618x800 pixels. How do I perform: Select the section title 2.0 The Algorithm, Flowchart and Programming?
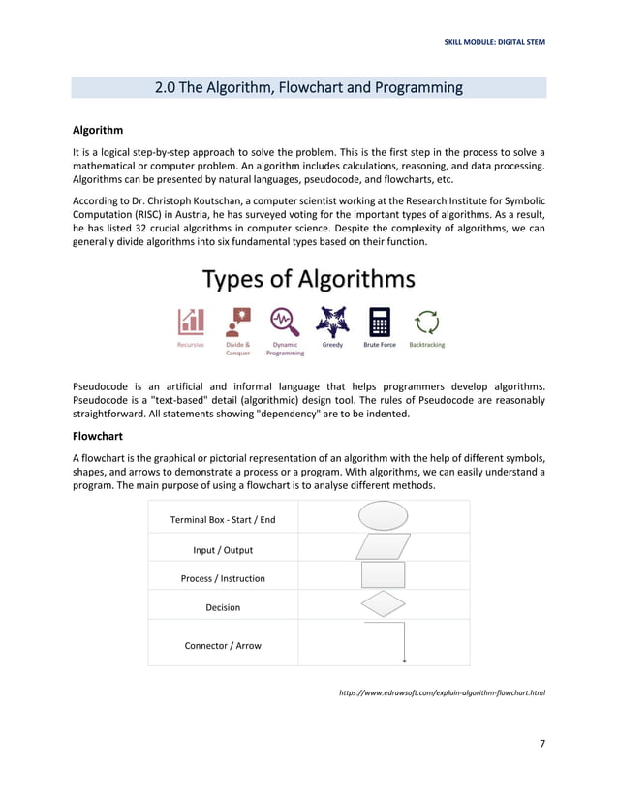tap(309, 88)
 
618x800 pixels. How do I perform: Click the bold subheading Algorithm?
tap(98, 130)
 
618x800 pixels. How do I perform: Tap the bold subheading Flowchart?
tap(97, 437)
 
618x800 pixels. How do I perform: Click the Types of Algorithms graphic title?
tap(309, 280)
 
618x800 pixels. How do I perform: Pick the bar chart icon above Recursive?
tap(191, 321)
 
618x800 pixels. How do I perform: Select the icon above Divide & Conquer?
tap(237, 321)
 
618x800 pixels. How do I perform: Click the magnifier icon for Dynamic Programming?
tap(284, 321)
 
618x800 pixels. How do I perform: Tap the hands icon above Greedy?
tap(332, 321)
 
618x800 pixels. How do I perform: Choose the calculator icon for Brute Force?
tap(379, 321)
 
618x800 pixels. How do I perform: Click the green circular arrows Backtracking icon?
tap(426, 321)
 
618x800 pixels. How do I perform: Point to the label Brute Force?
tap(379, 344)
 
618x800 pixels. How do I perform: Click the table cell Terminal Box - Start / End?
tap(223, 520)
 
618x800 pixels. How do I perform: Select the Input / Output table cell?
tap(223, 550)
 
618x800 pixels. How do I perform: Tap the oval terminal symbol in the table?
tap(384, 517)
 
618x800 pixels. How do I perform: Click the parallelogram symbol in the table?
tap(384, 547)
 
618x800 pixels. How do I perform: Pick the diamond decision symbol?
tap(384, 604)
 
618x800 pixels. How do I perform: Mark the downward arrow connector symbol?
tap(404, 642)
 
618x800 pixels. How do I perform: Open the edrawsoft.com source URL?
tap(442, 693)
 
